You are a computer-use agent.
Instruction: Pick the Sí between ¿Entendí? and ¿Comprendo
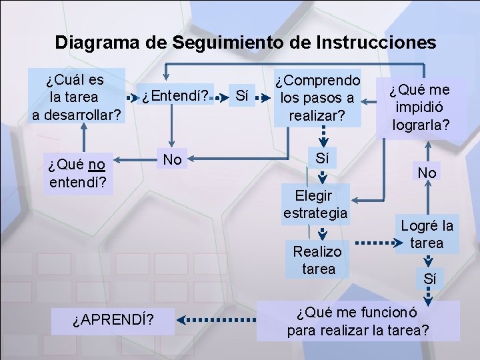[243, 97]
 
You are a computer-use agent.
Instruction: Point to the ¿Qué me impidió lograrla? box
[420, 107]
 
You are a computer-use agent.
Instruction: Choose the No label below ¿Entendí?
[173, 159]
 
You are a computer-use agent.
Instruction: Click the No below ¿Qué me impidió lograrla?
[427, 173]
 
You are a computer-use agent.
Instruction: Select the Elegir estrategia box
[315, 204]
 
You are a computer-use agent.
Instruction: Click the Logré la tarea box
[427, 234]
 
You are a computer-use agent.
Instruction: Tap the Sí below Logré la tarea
[430, 279]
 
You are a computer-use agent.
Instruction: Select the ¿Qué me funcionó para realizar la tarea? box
[358, 321]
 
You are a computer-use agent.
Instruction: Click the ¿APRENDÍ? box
[114, 321]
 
